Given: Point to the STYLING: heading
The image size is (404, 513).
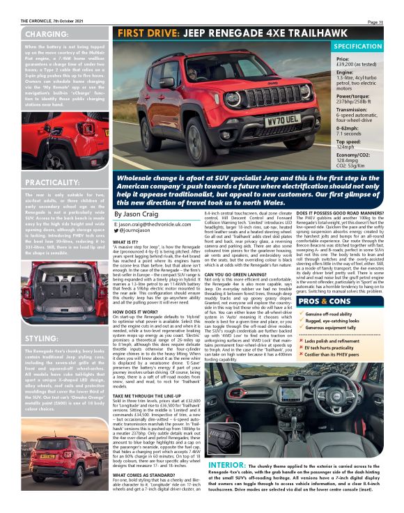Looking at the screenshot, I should [x=39, y=338].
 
